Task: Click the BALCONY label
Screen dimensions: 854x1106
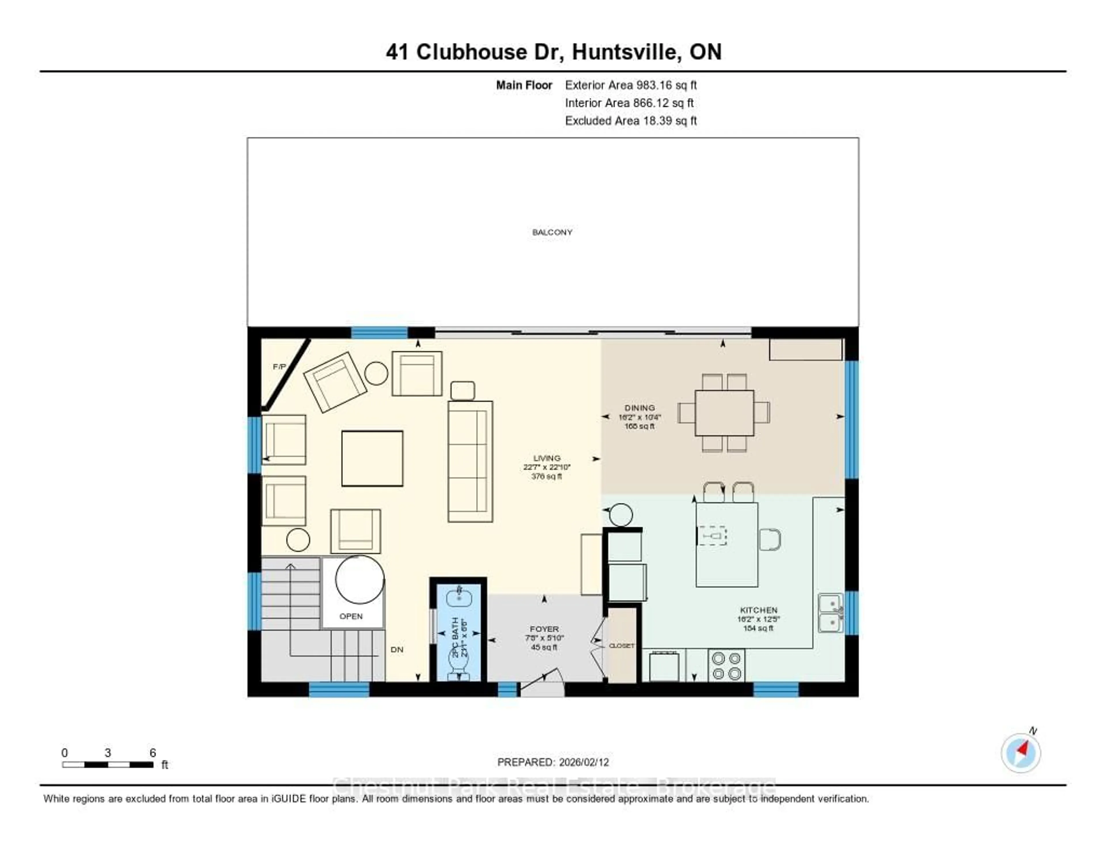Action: (552, 232)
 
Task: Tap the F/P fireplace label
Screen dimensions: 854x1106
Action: (279, 367)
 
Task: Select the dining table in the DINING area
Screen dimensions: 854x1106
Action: (724, 413)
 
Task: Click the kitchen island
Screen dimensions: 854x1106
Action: (727, 544)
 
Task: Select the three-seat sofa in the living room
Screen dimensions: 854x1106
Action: (470, 461)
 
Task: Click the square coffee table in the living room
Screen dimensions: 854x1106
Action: (372, 458)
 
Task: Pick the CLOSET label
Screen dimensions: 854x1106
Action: (621, 646)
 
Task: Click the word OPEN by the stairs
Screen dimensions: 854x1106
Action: (351, 616)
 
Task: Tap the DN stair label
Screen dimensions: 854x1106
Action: (397, 650)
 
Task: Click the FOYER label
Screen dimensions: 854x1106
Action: (544, 629)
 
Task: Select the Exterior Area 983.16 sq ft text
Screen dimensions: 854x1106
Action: (630, 85)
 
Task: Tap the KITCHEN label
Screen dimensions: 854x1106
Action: (758, 610)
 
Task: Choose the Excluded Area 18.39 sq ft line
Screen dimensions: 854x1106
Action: (630, 120)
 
